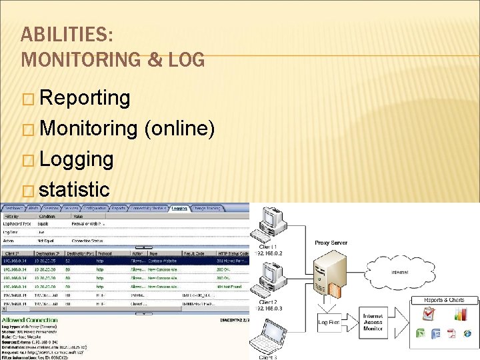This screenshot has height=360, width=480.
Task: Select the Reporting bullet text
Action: pos(85,98)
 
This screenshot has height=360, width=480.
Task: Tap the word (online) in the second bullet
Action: pos(179,129)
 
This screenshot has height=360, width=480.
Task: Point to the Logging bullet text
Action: pos(76,159)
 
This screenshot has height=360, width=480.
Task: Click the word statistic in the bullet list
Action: pos(74,189)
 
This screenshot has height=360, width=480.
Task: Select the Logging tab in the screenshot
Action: pos(179,209)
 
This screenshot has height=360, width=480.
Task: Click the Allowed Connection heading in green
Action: pos(31,320)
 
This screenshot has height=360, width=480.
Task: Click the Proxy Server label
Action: pos(330,243)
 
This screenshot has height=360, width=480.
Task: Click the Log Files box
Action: pos(329,322)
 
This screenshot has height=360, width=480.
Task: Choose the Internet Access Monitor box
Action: pos(373,322)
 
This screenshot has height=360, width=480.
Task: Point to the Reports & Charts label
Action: pos(443,301)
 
